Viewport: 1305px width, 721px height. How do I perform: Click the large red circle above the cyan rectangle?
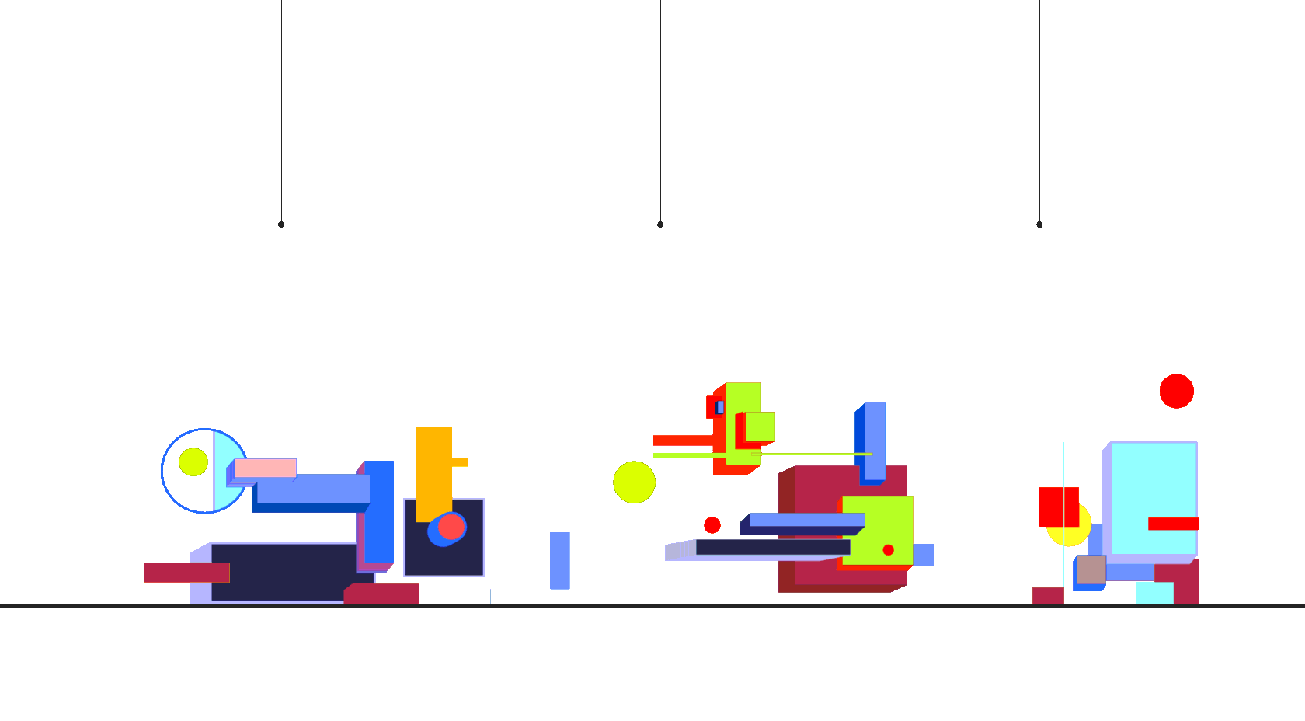(1176, 391)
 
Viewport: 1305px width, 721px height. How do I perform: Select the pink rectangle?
(265, 468)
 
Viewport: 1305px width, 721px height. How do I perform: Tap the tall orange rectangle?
(433, 470)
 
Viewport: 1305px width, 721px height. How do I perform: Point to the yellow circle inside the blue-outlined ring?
(193, 462)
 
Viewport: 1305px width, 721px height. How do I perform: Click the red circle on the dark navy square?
(451, 527)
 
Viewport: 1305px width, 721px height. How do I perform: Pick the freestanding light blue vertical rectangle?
(559, 560)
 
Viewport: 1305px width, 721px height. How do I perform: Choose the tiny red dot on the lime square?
(888, 550)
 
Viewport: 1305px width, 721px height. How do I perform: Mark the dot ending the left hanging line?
(281, 225)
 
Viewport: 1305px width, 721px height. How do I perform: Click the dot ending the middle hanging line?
(660, 225)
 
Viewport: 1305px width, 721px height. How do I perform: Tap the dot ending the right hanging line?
(1039, 225)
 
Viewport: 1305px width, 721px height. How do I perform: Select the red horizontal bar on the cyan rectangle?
(1173, 524)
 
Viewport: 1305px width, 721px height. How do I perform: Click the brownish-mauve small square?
(1091, 569)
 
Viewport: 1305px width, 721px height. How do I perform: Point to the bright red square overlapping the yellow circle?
(1059, 507)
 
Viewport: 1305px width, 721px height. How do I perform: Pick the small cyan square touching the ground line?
(1154, 593)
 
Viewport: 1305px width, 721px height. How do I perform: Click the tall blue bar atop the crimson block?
(874, 441)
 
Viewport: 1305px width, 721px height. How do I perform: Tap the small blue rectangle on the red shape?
(720, 407)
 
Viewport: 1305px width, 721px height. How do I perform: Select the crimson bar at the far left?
(186, 573)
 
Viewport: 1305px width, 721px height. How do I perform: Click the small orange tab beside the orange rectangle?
(460, 462)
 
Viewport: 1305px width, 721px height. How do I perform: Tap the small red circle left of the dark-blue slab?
(712, 525)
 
